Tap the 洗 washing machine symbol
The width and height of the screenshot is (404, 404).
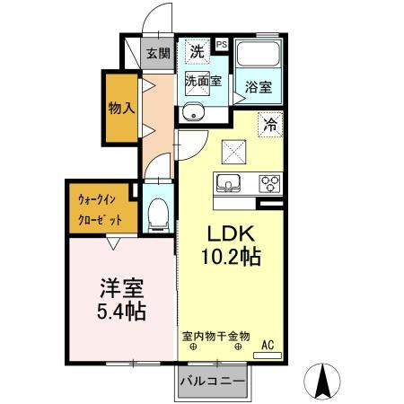click(195, 52)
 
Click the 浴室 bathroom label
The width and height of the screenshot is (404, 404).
click(259, 88)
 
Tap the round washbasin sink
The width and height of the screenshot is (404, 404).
click(192, 112)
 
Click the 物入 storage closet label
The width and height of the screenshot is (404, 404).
click(122, 109)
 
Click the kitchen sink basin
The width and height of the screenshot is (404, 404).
click(229, 184)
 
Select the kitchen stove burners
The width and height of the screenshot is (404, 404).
click(270, 184)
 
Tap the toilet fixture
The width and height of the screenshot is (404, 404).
click(158, 212)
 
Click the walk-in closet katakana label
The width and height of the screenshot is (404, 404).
click(100, 208)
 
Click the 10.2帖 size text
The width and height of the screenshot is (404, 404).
click(231, 258)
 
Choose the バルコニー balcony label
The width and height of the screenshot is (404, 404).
click(212, 382)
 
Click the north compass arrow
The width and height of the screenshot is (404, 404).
click(323, 382)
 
